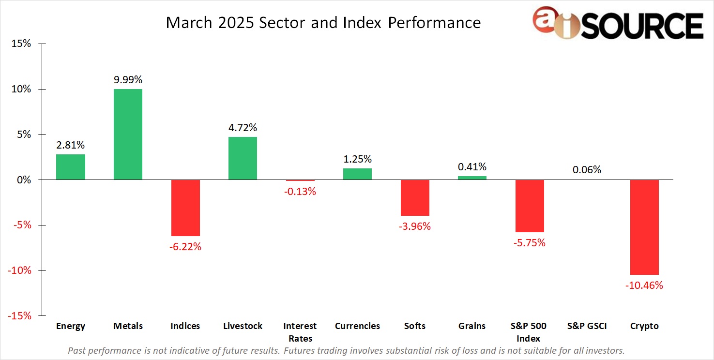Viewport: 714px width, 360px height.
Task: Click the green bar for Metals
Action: pyautogui.click(x=128, y=135)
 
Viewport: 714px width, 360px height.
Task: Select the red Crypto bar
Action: pyautogui.click(x=644, y=227)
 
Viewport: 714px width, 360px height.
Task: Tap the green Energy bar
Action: pyautogui.click(x=71, y=167)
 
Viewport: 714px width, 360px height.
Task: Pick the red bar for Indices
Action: pyautogui.click(x=185, y=208)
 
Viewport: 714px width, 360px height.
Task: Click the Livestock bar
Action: pyautogui.click(x=243, y=158)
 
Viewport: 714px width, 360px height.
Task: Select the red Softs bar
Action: pyautogui.click(x=415, y=197)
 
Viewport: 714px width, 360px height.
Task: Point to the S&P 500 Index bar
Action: pyautogui.click(x=529, y=206)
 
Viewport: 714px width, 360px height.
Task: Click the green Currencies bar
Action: pyautogui.click(x=357, y=174)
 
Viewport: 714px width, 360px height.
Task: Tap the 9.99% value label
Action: pyautogui.click(x=128, y=80)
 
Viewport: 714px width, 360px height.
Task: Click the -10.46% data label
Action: pyautogui.click(x=644, y=285)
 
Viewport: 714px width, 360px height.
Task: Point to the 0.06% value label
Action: pyautogui.click(x=587, y=170)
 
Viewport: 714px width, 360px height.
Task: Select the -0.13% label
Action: pyautogui.click(x=300, y=192)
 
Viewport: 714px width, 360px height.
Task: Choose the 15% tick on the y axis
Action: pyautogui.click(x=21, y=44)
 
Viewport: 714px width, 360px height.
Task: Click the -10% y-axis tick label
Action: pyautogui.click(x=19, y=270)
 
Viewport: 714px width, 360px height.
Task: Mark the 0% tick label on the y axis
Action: pyautogui.click(x=23, y=180)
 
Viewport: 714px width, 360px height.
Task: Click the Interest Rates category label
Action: pyautogui.click(x=300, y=332)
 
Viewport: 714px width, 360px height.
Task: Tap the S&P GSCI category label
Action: pyautogui.click(x=587, y=326)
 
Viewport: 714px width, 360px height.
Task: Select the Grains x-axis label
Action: pyautogui.click(x=472, y=326)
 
